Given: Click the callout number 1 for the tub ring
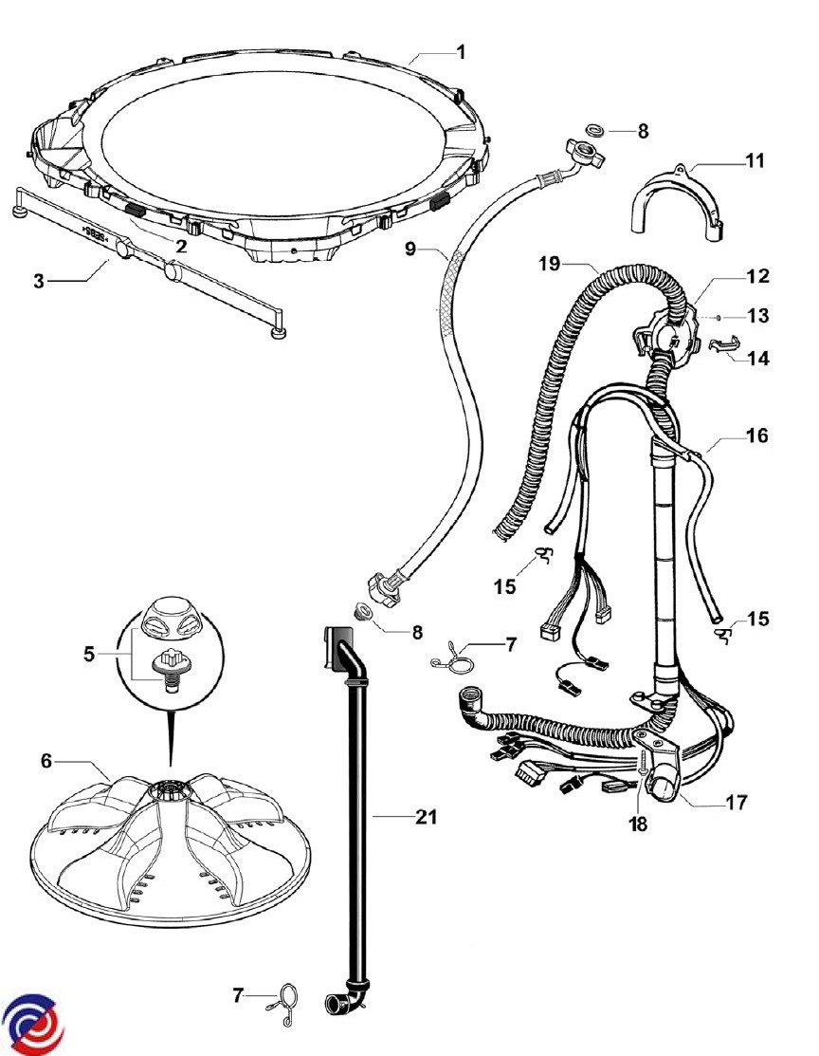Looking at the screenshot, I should [x=461, y=50].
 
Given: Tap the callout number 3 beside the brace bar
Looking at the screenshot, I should [x=39, y=282].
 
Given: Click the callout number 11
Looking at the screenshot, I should [x=754, y=160].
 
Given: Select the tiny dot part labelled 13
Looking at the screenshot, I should [x=720, y=317].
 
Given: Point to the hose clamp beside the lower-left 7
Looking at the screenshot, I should [x=284, y=1001].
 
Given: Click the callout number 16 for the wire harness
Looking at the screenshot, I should [x=756, y=435].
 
